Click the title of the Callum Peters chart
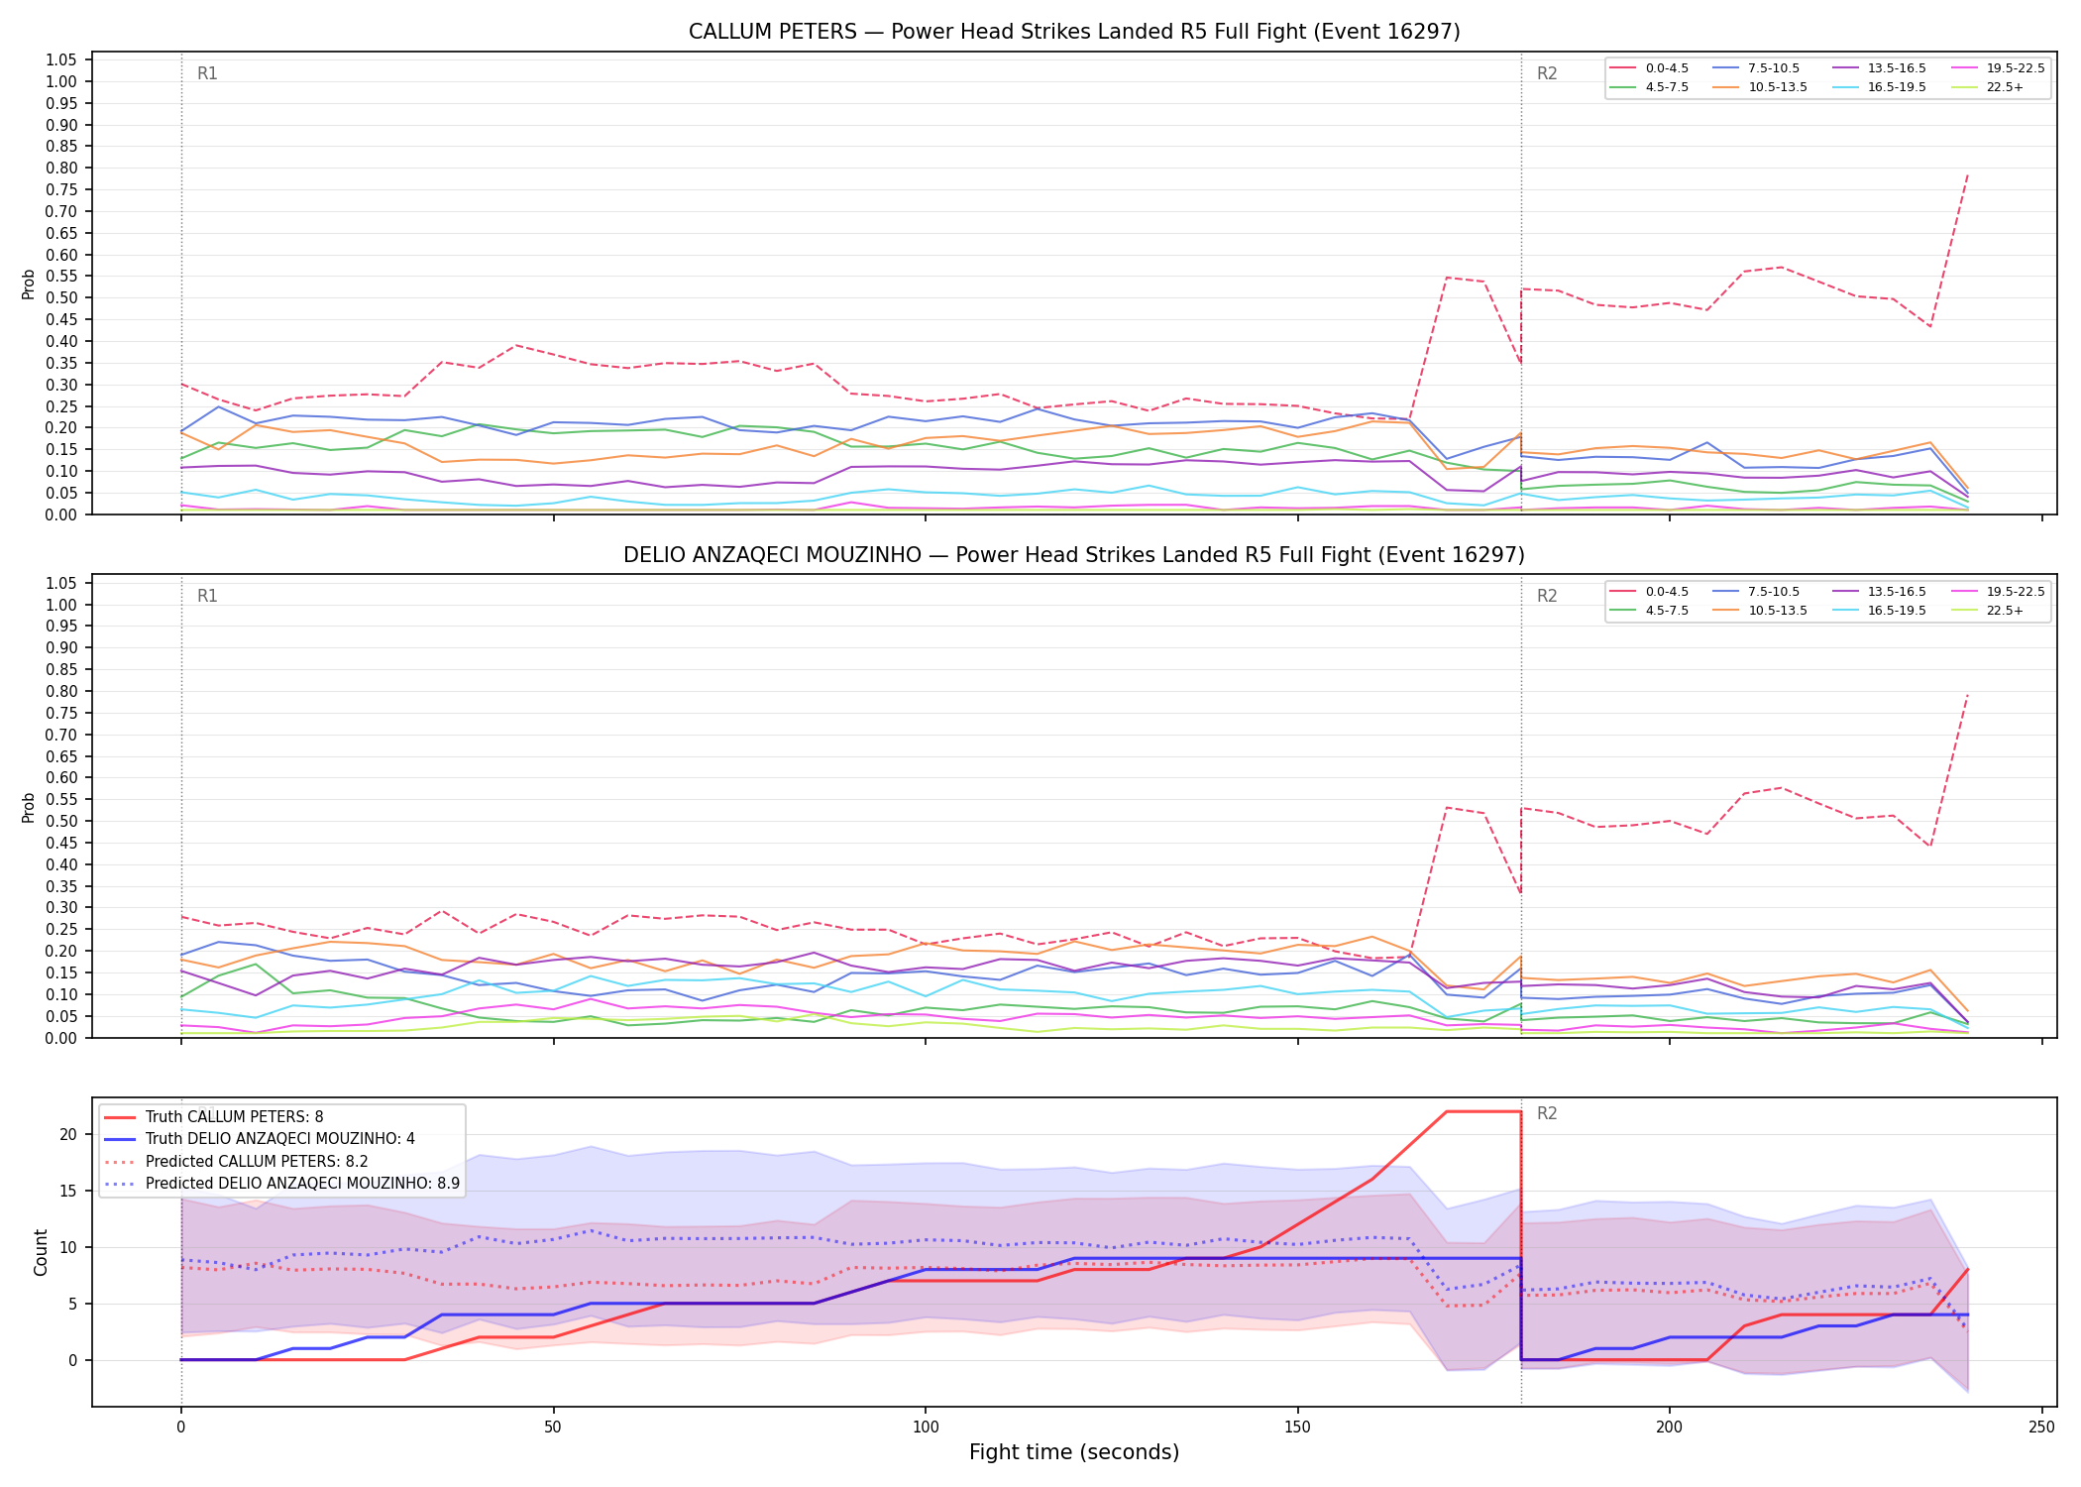[x=1074, y=32]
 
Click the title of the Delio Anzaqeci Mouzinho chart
[x=1074, y=555]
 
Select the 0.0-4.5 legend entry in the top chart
[x=1651, y=68]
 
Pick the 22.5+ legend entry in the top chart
[x=1988, y=87]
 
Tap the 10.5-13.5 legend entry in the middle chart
[x=1762, y=611]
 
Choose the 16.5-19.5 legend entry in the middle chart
[x=1881, y=611]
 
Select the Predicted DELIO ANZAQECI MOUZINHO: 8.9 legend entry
[x=281, y=1183]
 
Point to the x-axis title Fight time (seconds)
[x=1074, y=1452]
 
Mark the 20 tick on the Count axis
[x=68, y=1134]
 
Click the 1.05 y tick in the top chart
[x=62, y=60]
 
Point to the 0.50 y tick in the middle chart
[x=62, y=821]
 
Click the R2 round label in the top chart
[x=1547, y=73]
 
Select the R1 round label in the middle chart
[x=207, y=596]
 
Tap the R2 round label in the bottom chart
[x=1547, y=1113]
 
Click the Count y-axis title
[x=41, y=1252]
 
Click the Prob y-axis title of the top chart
[x=29, y=285]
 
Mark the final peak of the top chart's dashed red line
[x=1967, y=174]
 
